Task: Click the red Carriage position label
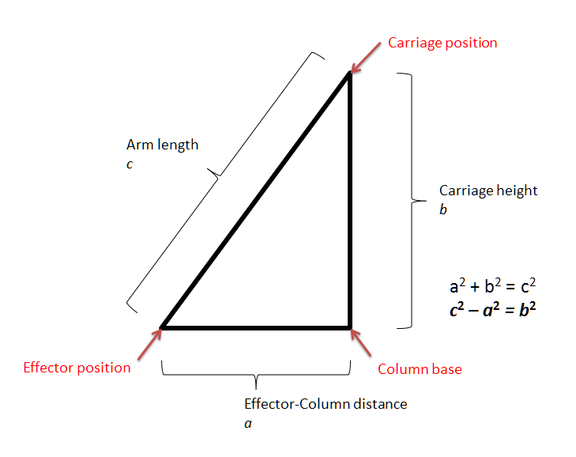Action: click(x=442, y=43)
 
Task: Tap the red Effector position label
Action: click(x=77, y=367)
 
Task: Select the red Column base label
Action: click(x=420, y=369)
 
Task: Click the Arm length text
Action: click(x=163, y=145)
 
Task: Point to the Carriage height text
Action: click(x=488, y=191)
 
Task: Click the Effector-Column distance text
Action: click(x=326, y=404)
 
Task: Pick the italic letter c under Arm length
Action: click(x=130, y=164)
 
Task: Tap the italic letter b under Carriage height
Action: click(x=443, y=210)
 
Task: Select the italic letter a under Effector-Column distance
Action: click(x=248, y=423)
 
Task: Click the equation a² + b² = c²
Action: click(x=493, y=285)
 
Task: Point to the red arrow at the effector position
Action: click(x=149, y=341)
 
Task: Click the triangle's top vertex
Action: click(x=349, y=74)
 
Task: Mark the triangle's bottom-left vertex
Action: click(x=162, y=327)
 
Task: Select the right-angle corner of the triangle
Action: click(x=349, y=327)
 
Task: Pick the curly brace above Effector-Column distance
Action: click(x=255, y=370)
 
